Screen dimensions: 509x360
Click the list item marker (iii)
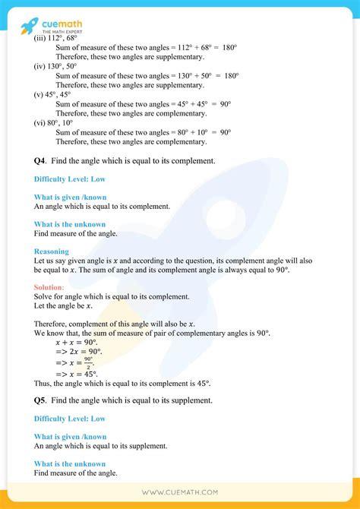(41, 37)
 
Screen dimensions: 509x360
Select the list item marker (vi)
(41, 122)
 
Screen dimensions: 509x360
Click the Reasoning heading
(51, 251)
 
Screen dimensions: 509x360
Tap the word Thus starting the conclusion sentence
(43, 384)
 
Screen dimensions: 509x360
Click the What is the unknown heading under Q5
(70, 463)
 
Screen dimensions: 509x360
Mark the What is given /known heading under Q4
(70, 197)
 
